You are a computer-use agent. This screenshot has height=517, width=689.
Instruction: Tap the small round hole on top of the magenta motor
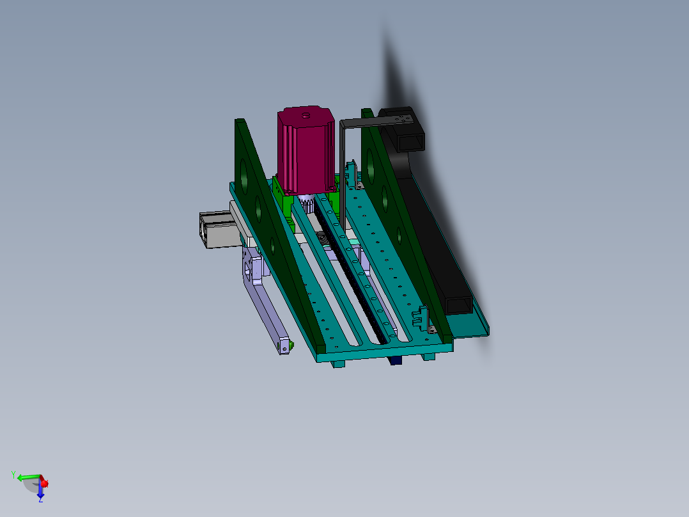point(306,116)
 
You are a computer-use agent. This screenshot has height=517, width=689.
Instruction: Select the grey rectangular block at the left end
point(216,230)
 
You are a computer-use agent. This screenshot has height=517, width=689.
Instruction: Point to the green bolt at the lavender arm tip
point(291,346)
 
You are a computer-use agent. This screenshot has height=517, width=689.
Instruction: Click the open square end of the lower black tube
point(459,305)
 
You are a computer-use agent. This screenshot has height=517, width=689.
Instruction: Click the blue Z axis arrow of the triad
point(40,492)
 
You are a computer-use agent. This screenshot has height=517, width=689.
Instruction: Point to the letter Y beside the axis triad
point(13,474)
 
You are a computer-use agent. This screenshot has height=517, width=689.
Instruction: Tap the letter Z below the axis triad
point(40,500)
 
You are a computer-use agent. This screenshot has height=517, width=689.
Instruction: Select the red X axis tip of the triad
point(44,483)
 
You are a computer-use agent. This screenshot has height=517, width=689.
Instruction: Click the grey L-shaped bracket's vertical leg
point(343,173)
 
